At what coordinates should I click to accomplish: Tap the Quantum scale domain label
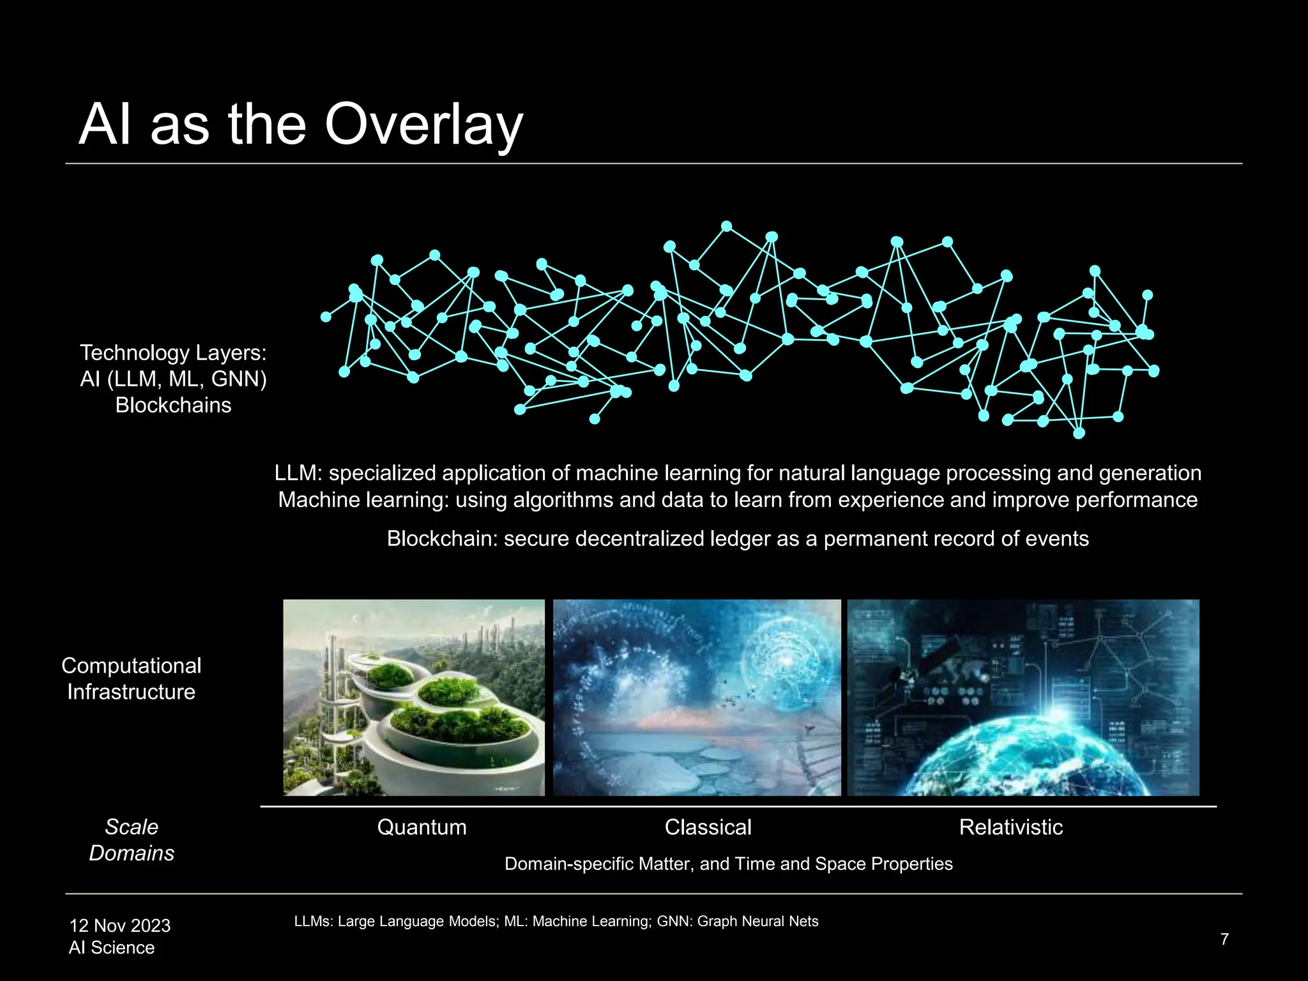[422, 827]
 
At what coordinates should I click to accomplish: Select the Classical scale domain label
[708, 827]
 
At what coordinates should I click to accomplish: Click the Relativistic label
[1010, 827]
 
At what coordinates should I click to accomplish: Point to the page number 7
[1224, 939]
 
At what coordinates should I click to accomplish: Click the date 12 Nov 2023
[119, 925]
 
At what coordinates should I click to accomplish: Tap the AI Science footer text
[111, 947]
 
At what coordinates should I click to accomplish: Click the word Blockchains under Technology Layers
[173, 405]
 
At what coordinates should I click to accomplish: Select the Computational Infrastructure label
[131, 678]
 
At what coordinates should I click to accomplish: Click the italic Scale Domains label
[131, 839]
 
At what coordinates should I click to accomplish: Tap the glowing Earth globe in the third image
[1047, 754]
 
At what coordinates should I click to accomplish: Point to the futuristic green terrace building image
[414, 697]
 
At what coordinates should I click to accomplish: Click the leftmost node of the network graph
[326, 317]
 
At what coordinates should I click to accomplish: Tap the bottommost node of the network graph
[1079, 434]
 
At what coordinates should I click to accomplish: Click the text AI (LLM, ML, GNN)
[173, 379]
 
